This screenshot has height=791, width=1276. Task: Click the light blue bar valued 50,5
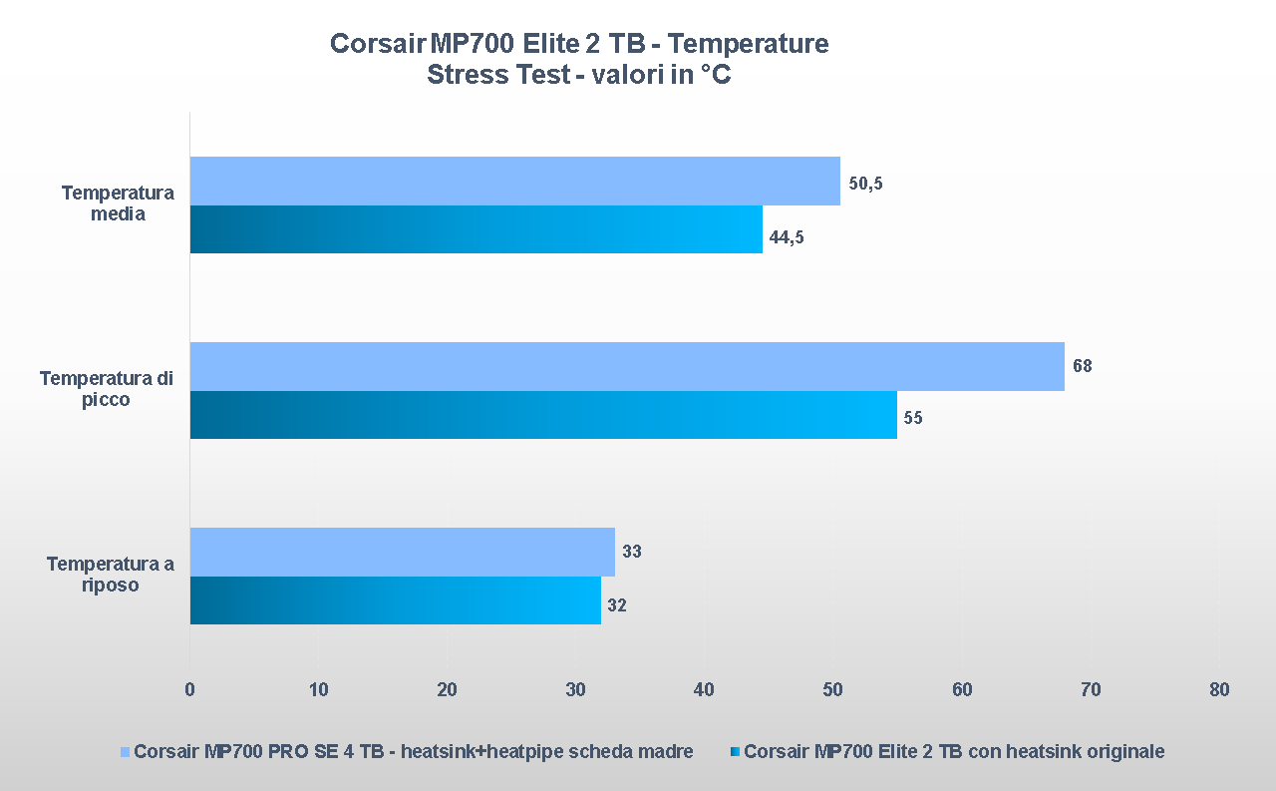point(514,181)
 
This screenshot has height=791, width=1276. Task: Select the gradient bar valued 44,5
point(476,229)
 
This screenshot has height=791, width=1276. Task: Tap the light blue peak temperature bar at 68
point(627,366)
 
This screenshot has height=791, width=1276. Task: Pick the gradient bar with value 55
point(543,415)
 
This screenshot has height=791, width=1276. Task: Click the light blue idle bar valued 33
point(402,552)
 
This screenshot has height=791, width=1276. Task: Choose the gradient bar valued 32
point(395,600)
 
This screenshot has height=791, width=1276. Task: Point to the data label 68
point(1083,366)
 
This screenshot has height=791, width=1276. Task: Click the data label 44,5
point(787,237)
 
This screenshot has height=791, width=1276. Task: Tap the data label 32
point(617,605)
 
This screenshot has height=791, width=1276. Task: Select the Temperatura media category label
point(118,203)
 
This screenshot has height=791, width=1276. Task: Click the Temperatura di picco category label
point(107,389)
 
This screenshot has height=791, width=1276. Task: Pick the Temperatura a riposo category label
point(111,575)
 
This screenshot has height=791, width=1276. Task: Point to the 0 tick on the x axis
point(189,689)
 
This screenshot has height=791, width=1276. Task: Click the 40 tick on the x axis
point(705,689)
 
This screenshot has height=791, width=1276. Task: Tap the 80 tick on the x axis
point(1219,689)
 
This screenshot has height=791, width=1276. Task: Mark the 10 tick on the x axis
point(318,689)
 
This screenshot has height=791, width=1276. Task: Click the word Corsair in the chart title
point(377,45)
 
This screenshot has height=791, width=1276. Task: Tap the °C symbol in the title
point(715,76)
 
